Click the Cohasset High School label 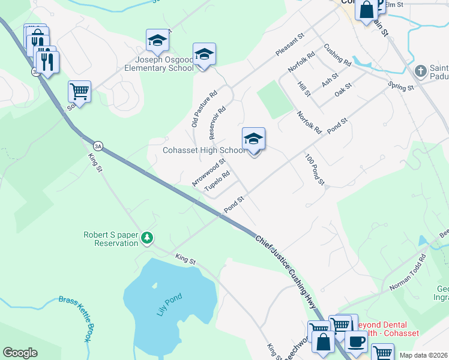(204, 151)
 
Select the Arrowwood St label (208, 172)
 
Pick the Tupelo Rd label (217, 182)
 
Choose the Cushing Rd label (337, 55)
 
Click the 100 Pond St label (315, 170)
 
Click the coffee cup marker (356, 342)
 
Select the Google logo (20, 353)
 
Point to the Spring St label (402, 87)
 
